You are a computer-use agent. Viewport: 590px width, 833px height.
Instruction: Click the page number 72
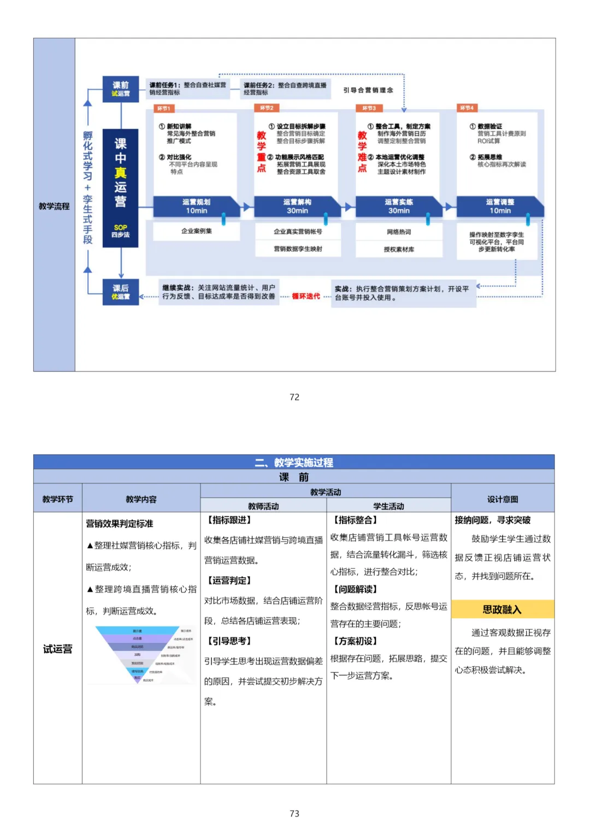point(294,397)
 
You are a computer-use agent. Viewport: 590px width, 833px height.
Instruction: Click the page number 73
point(294,813)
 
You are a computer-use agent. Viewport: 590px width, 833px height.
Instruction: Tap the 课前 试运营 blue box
point(121,89)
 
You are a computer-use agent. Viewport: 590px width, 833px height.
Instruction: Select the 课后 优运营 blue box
point(121,292)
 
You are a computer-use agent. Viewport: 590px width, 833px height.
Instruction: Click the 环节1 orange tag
point(163,108)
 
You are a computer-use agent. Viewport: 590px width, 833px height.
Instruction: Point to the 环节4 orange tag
point(467,108)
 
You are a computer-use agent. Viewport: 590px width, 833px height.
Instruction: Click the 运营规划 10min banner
point(196,206)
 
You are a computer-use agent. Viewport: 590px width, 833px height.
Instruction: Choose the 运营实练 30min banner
point(399,206)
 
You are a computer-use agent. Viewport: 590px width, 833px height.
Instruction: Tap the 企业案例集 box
point(196,231)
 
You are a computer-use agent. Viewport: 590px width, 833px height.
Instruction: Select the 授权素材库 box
point(399,249)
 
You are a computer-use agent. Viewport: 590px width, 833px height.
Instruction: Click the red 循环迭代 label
point(306,296)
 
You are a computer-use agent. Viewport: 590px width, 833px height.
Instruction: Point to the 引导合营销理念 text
point(368,90)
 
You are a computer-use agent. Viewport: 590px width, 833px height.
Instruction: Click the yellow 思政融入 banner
point(502,610)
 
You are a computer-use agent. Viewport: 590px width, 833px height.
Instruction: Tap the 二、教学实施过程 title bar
point(294,462)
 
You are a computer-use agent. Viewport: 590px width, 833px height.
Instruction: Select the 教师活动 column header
point(263,506)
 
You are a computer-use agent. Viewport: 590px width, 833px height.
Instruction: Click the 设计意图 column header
point(503,499)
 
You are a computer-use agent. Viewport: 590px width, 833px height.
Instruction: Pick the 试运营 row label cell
point(57,648)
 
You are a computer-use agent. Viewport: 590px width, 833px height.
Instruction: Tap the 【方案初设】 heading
point(355,641)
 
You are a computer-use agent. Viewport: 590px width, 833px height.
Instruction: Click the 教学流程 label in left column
point(54,206)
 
